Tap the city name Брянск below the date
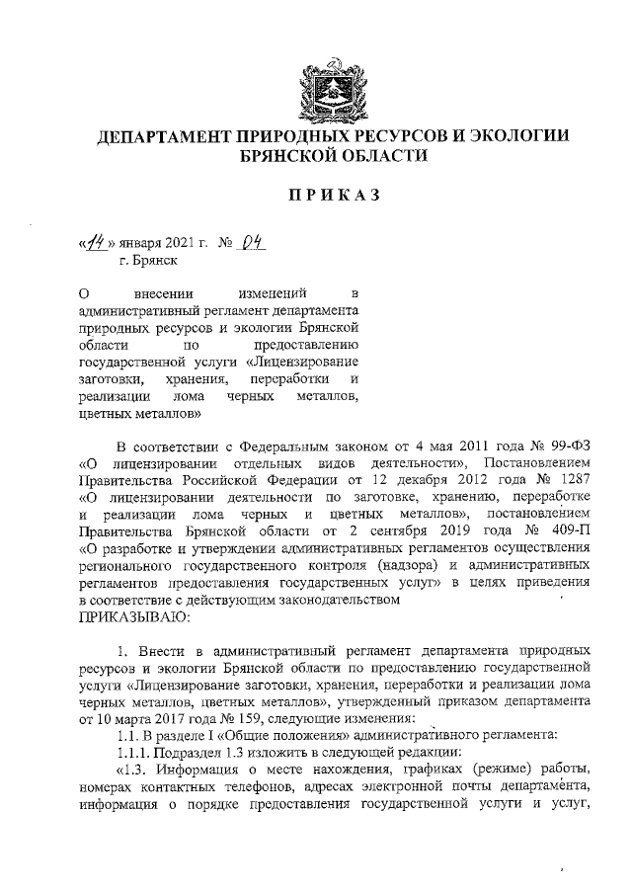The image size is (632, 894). tap(155, 262)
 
